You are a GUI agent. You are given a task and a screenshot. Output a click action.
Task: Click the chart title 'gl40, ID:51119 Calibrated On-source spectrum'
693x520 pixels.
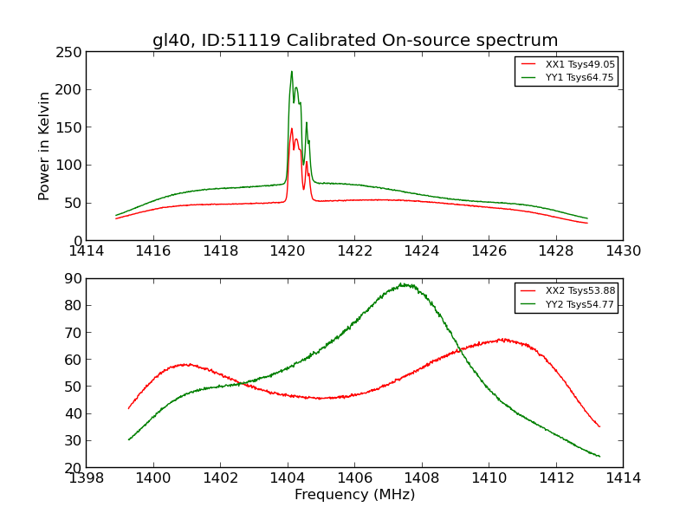pos(355,41)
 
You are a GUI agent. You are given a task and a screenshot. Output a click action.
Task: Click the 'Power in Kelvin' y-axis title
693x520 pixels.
pos(44,146)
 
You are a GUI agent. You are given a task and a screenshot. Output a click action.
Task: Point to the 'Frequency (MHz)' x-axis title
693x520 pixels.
pos(354,495)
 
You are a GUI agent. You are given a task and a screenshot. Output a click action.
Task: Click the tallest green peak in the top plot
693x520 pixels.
pos(292,72)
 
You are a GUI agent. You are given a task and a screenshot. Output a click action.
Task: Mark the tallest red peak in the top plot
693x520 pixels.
pos(292,129)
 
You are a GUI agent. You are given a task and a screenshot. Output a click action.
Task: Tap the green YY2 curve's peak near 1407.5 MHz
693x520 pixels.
pos(403,284)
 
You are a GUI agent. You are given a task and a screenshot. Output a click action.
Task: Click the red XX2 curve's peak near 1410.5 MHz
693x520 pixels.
pos(502,339)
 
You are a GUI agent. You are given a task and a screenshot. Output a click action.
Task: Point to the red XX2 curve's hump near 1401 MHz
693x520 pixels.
pos(185,364)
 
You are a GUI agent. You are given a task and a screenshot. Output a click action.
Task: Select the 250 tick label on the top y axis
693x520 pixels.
pos(68,51)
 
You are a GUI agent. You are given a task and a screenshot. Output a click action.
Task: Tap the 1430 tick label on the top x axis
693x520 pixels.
pos(623,251)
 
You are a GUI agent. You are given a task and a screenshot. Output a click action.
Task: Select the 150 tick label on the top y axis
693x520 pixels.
pos(68,127)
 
